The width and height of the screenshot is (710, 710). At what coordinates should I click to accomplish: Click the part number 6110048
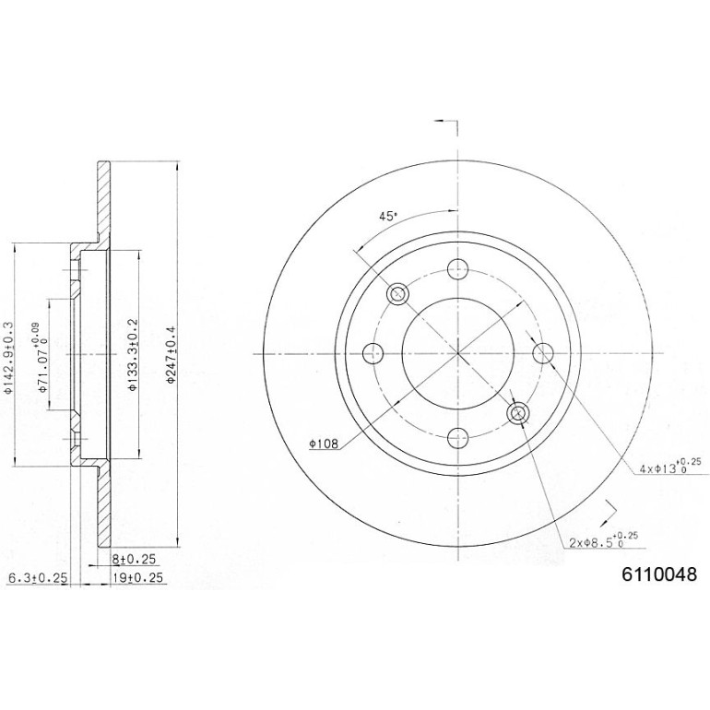tap(659, 574)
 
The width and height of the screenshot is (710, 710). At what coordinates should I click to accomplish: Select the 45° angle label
tap(387, 216)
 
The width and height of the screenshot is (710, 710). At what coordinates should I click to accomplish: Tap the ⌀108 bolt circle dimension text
tap(324, 444)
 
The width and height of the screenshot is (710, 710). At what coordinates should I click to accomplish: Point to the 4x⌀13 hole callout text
tap(670, 467)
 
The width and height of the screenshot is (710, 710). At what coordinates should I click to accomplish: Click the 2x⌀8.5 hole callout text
tap(603, 540)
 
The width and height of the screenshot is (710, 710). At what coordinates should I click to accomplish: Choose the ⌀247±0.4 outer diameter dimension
tap(171, 355)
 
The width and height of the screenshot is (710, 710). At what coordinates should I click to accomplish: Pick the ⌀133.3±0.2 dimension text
tap(132, 354)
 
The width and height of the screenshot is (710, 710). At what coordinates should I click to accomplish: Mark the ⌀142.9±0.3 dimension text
tap(7, 357)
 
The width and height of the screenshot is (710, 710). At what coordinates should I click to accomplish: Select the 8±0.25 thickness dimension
tap(134, 560)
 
